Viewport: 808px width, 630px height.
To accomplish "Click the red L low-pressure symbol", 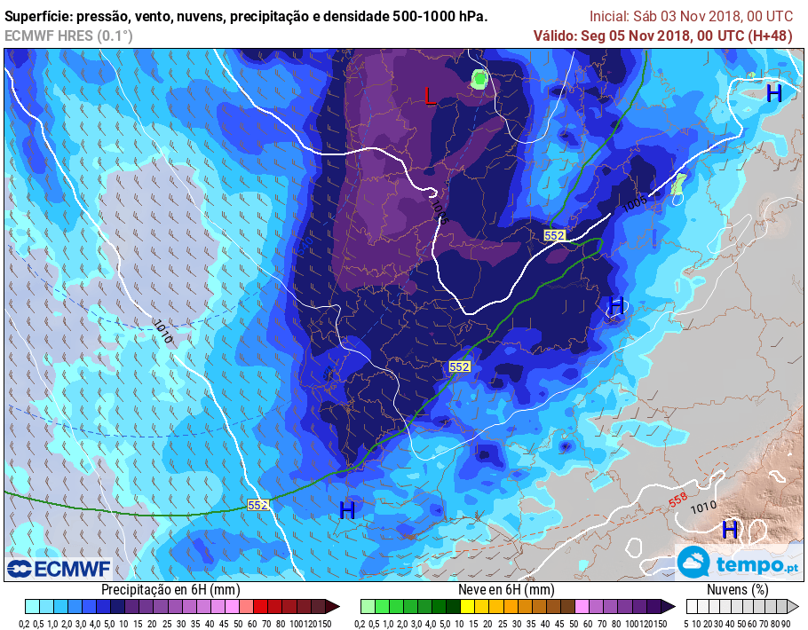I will click(431, 96).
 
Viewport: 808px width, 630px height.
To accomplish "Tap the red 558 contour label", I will click(677, 501).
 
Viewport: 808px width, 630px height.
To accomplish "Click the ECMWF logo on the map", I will click(59, 568).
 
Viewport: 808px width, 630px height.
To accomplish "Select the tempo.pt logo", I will click(738, 563).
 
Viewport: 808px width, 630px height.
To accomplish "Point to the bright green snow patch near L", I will click(479, 80).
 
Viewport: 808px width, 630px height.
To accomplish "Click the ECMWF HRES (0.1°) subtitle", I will click(68, 35).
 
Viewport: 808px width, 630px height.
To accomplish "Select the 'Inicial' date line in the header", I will click(691, 17).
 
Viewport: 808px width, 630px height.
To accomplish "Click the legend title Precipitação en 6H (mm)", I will click(170, 589).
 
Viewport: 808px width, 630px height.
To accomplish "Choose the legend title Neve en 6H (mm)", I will click(506, 589).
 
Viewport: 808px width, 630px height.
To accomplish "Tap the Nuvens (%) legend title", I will click(737, 589).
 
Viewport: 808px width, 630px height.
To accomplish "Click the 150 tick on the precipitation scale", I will click(325, 623).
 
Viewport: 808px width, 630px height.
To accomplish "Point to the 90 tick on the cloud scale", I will click(786, 623).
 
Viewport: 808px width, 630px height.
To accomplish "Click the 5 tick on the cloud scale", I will click(690, 623).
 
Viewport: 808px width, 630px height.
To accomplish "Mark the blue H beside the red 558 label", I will click(730, 530).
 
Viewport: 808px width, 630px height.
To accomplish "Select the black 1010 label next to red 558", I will click(703, 508).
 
